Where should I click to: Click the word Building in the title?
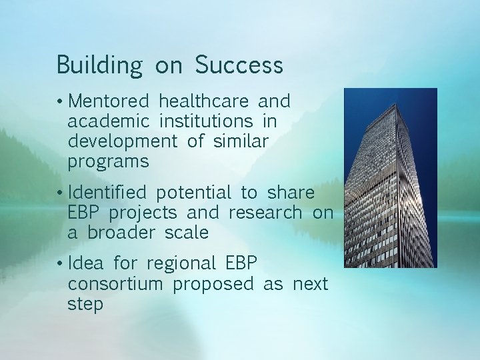pyautogui.click(x=99, y=66)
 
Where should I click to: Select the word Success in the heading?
pyautogui.click(x=239, y=65)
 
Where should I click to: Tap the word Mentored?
pyautogui.click(x=109, y=101)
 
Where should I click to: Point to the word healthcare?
pyautogui.click(x=204, y=101)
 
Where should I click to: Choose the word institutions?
pyautogui.click(x=206, y=121)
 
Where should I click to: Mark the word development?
pyautogui.click(x=122, y=142)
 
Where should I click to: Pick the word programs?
pyautogui.click(x=108, y=162)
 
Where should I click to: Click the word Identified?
pyautogui.click(x=107, y=193)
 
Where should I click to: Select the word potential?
pyautogui.click(x=193, y=193)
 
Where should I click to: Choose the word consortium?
pyautogui.click(x=115, y=284)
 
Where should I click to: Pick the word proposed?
pyautogui.click(x=213, y=284)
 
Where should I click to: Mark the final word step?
pyautogui.click(x=85, y=305)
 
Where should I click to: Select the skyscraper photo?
pyautogui.click(x=390, y=178)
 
